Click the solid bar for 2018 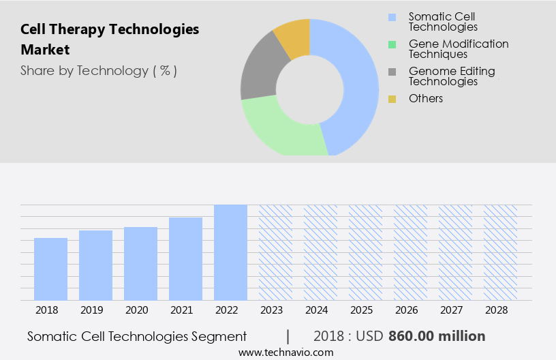(50, 269)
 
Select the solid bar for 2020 (140, 263)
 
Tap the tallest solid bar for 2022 (230, 252)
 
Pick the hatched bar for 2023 (275, 252)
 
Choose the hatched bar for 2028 (500, 252)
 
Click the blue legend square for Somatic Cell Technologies (392, 17)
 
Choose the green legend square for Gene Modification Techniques (392, 44)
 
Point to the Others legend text (426, 99)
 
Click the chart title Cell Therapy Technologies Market (110, 40)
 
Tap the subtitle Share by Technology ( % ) (99, 71)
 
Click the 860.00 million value (437, 336)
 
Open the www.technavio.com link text (286, 352)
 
